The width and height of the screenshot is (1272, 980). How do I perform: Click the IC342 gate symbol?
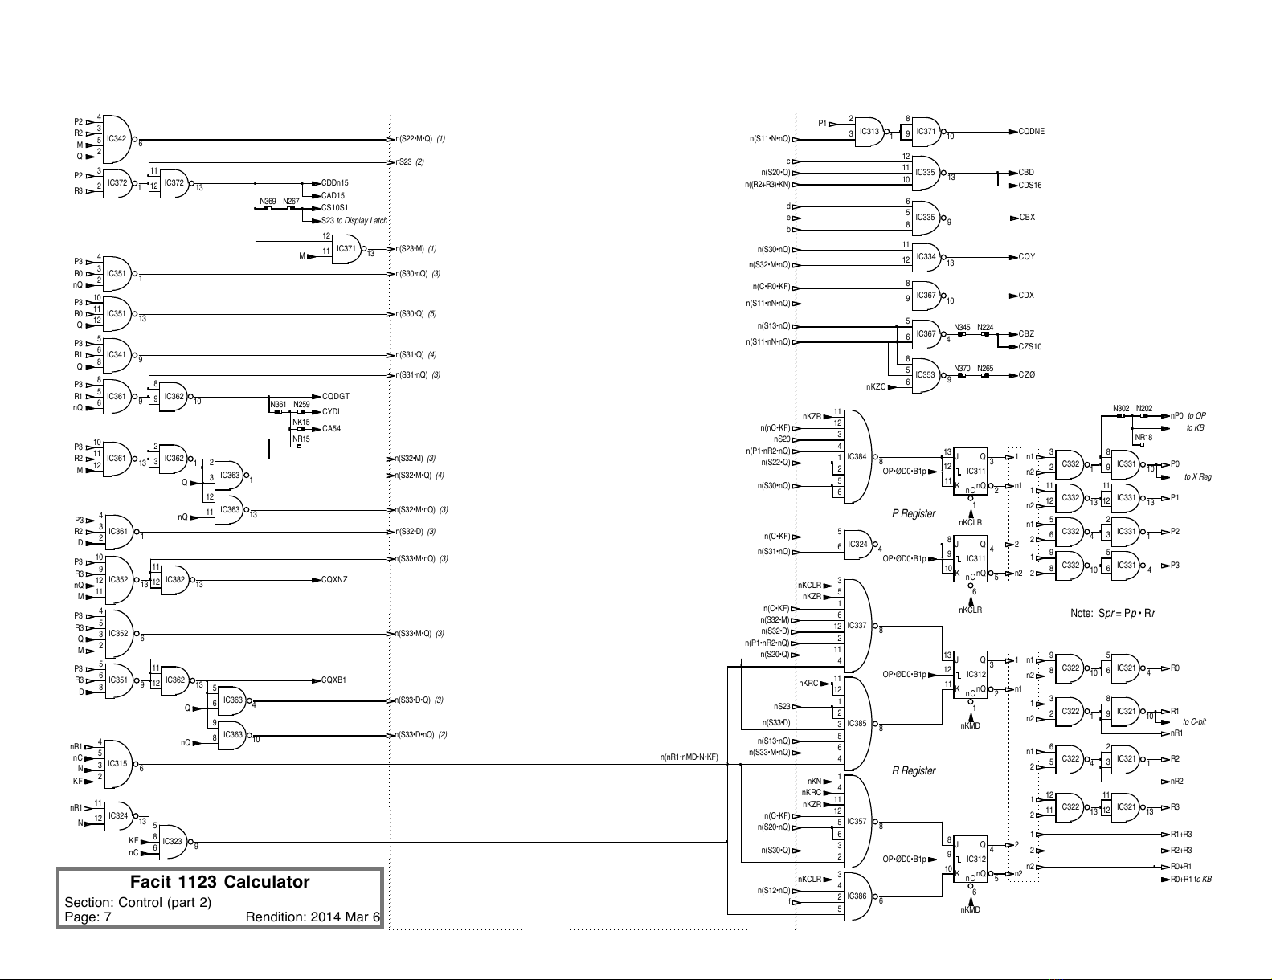[117, 139]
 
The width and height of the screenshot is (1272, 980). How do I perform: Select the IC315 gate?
[117, 764]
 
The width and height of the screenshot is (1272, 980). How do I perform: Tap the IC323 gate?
[172, 842]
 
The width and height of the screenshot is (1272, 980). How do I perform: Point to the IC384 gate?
[858, 457]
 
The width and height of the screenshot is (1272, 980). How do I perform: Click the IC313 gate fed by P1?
[869, 132]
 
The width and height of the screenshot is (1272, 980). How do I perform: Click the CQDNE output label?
[1031, 132]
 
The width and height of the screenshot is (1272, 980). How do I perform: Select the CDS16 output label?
[1030, 186]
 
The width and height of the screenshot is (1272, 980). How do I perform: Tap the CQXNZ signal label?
[334, 579]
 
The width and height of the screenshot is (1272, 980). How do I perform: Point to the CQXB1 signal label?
[333, 680]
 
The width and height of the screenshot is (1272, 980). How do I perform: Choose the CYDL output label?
[332, 412]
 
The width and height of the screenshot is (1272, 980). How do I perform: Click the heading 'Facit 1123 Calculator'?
[220, 882]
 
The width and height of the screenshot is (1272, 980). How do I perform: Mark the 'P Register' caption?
[914, 514]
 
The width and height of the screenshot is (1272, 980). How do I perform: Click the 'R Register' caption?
[914, 771]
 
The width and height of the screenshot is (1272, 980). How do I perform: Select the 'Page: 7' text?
[88, 917]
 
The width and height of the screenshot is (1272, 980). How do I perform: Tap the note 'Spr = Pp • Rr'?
[1112, 614]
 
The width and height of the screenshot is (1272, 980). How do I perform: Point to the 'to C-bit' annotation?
[1194, 722]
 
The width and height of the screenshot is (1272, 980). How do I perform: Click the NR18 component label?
[1143, 438]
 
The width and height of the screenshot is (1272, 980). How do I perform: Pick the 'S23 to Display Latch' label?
[354, 221]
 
